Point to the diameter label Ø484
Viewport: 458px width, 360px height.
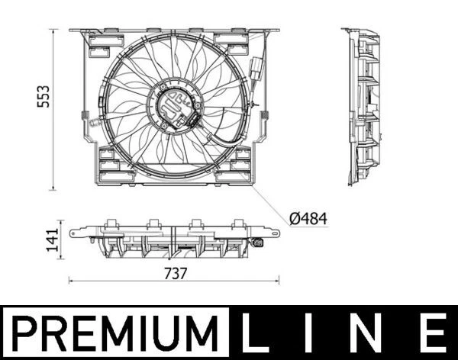(x=308, y=219)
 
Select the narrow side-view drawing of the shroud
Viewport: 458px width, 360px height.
(x=363, y=107)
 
